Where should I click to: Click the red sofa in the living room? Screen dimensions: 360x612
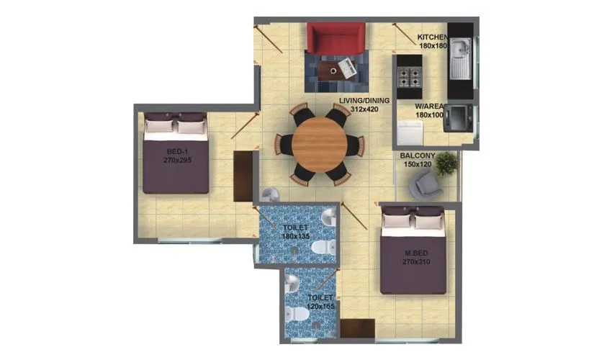tap(334, 37)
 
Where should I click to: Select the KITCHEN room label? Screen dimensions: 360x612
tap(433, 37)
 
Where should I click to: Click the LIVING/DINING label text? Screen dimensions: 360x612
tap(365, 100)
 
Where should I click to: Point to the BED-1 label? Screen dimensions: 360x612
tap(177, 152)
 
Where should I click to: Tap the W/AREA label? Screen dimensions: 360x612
tap(429, 107)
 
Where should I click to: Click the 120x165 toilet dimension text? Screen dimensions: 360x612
tap(320, 306)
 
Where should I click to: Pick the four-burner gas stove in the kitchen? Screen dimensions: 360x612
tap(410, 76)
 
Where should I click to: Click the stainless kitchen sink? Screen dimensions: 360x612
tap(459, 53)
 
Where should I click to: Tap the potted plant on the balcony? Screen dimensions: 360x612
tap(446, 163)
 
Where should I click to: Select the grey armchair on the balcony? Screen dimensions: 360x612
tap(423, 185)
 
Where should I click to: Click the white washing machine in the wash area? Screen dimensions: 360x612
tap(410, 132)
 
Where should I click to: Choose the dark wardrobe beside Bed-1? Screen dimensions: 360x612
tap(244, 176)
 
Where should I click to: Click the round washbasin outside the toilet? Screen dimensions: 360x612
tap(269, 197)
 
